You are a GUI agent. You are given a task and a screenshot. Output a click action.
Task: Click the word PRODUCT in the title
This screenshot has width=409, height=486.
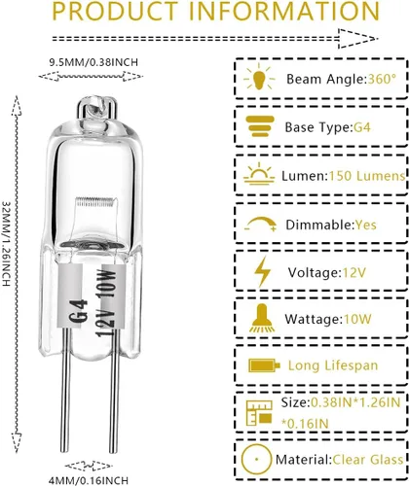click(115, 11)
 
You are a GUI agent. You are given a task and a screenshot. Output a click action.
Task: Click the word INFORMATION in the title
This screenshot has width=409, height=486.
click(284, 11)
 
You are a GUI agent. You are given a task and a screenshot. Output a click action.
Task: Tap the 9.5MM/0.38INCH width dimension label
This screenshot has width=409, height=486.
click(93, 62)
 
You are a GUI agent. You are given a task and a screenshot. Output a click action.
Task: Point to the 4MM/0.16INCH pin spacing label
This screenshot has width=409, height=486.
click(88, 480)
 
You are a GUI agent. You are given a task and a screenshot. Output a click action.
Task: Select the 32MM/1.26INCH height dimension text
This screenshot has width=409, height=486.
click(7, 244)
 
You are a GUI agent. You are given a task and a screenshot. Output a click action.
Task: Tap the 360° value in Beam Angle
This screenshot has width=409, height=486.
click(382, 79)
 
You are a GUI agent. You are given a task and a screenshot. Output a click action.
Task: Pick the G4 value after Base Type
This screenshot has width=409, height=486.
click(362, 127)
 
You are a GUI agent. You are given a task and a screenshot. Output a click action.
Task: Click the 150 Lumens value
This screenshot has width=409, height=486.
click(367, 176)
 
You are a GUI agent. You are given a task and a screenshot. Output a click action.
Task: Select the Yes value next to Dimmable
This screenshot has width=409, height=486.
click(366, 225)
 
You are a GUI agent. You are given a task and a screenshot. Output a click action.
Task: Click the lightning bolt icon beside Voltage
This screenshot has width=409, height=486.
click(262, 271)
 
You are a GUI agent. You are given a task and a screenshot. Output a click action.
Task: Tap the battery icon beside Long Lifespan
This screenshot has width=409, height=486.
click(264, 365)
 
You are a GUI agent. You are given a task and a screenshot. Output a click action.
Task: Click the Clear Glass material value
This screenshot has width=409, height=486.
click(368, 460)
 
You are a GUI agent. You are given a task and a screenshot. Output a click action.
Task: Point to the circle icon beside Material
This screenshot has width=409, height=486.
click(256, 459)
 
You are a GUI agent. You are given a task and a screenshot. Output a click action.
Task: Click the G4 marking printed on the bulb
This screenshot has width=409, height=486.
click(80, 310)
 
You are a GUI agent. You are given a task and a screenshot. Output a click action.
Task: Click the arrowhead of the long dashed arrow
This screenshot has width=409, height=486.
click(358, 39)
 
